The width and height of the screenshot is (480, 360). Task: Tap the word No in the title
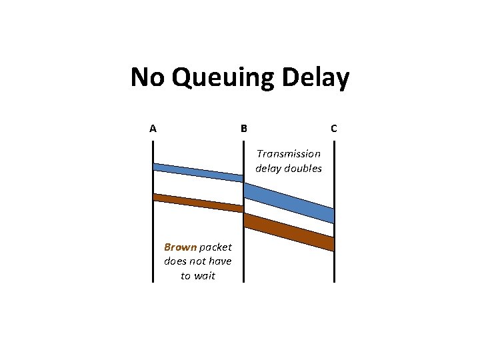pyautogui.click(x=148, y=78)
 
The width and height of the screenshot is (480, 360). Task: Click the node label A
pyautogui.click(x=153, y=129)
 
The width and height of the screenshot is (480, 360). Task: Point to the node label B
pyautogui.click(x=244, y=129)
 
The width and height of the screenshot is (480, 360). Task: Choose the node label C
pyautogui.click(x=333, y=129)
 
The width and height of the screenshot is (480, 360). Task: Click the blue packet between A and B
pyautogui.click(x=199, y=172)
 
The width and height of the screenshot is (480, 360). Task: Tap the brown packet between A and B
pyautogui.click(x=199, y=203)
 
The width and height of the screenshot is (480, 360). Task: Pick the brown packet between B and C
pyautogui.click(x=289, y=231)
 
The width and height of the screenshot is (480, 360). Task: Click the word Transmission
pyautogui.click(x=289, y=154)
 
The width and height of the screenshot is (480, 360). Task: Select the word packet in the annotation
pyautogui.click(x=214, y=247)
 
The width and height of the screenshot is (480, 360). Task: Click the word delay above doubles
pyautogui.click(x=269, y=169)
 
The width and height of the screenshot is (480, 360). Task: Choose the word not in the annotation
pyautogui.click(x=198, y=261)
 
